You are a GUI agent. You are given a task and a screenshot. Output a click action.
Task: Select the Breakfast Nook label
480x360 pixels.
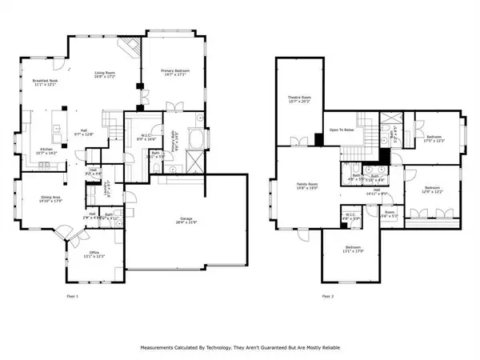46,82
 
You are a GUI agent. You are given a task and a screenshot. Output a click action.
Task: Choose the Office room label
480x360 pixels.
94,254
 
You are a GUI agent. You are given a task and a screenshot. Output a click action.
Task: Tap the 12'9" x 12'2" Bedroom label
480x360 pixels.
432,190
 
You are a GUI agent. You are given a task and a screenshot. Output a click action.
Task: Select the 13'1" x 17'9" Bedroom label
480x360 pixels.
353,248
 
